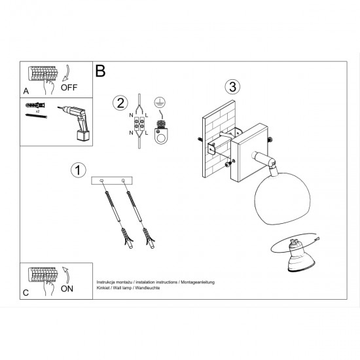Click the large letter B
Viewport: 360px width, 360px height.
click(x=100, y=71)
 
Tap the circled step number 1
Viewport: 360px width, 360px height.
click(x=78, y=170)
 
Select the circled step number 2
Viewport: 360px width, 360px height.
click(x=119, y=103)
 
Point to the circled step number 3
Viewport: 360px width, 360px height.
click(x=231, y=86)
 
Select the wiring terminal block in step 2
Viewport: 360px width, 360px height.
click(x=139, y=123)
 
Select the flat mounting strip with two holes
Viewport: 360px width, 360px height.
click(x=113, y=180)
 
